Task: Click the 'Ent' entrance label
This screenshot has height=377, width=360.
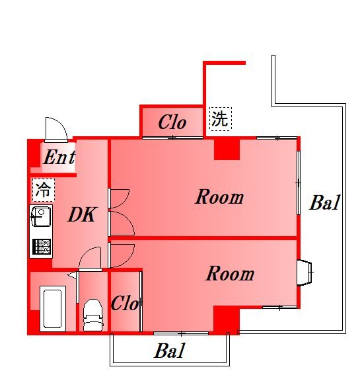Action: click(58, 159)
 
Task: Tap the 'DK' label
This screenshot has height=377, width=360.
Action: click(83, 214)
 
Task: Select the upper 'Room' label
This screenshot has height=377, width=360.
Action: click(219, 197)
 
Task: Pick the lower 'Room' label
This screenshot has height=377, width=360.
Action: click(229, 273)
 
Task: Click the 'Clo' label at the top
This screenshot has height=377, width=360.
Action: click(172, 122)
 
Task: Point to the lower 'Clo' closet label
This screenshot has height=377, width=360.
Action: click(124, 304)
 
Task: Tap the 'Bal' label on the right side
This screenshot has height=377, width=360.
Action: click(324, 203)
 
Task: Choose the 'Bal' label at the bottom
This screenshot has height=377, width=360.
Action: click(170, 351)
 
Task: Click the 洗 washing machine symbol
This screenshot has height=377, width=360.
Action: click(220, 119)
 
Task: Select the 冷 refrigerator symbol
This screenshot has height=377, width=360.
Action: click(42, 190)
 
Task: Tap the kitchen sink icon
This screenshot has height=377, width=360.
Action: click(41, 217)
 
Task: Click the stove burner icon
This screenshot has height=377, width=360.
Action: click(41, 246)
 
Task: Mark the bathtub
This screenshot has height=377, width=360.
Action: click(52, 308)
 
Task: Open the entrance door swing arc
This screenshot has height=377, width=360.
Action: click(55, 128)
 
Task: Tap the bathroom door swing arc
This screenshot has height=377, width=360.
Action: click(90, 259)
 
